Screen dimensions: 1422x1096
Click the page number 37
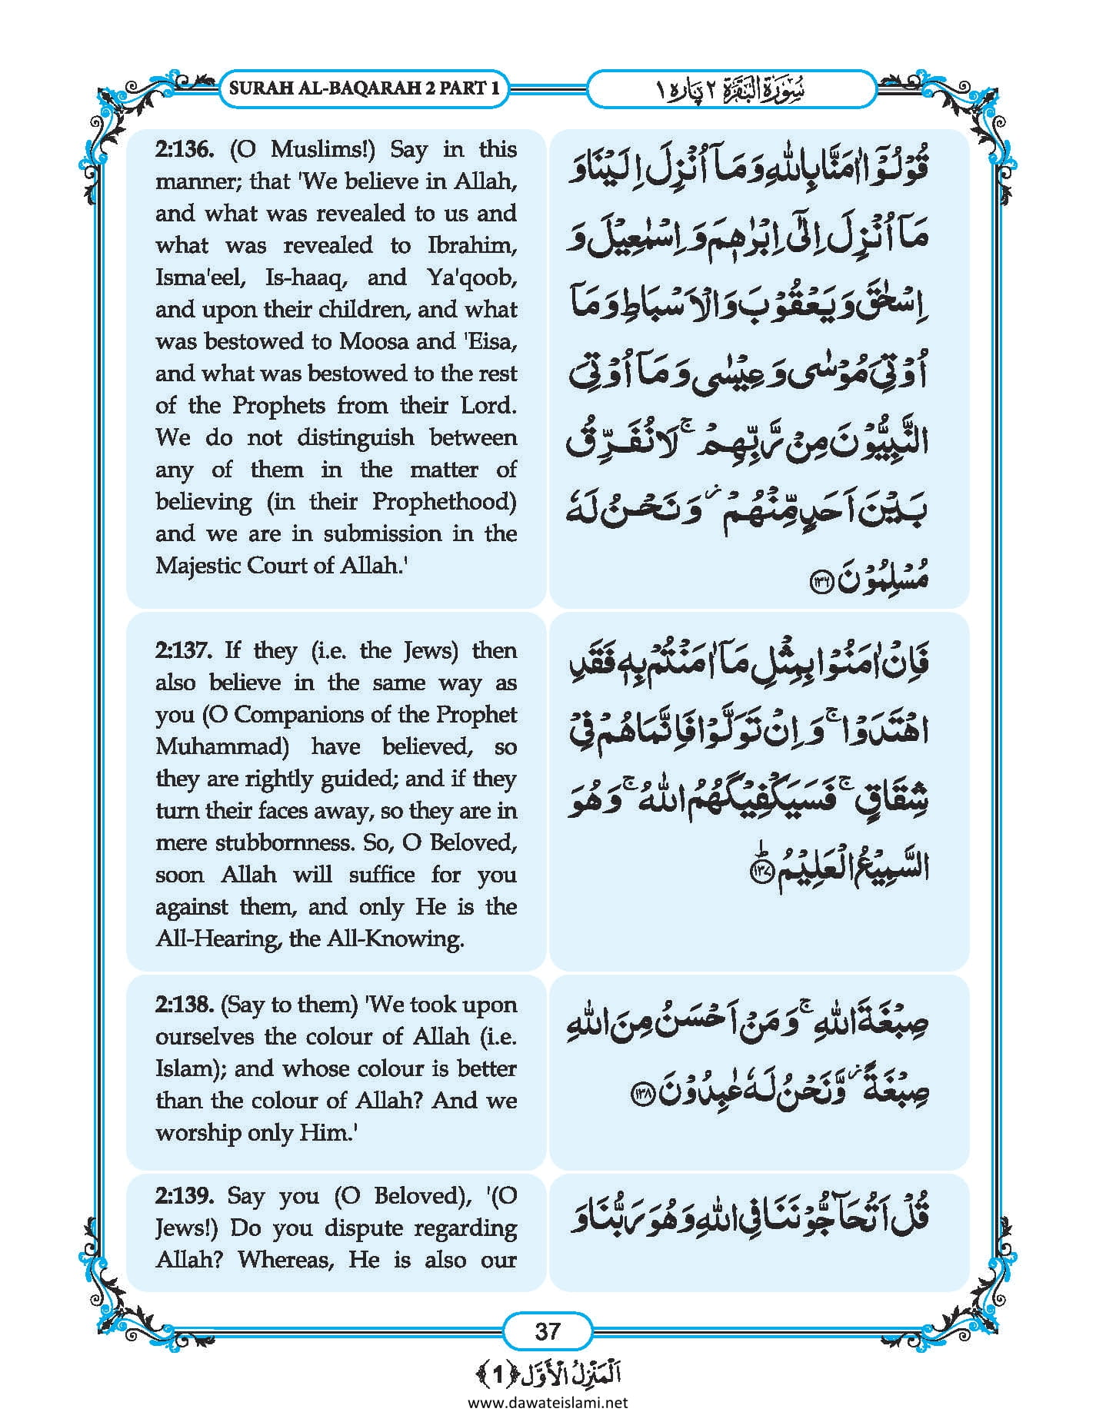(x=547, y=1331)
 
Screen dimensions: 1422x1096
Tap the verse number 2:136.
(x=183, y=149)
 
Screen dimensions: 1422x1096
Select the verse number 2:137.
(x=183, y=651)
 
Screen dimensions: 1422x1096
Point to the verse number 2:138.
(x=183, y=1005)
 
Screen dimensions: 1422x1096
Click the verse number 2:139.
(x=183, y=1196)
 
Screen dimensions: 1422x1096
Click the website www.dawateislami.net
(x=548, y=1403)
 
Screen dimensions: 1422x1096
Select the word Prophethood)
(x=444, y=502)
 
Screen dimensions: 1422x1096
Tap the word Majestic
(x=202, y=566)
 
